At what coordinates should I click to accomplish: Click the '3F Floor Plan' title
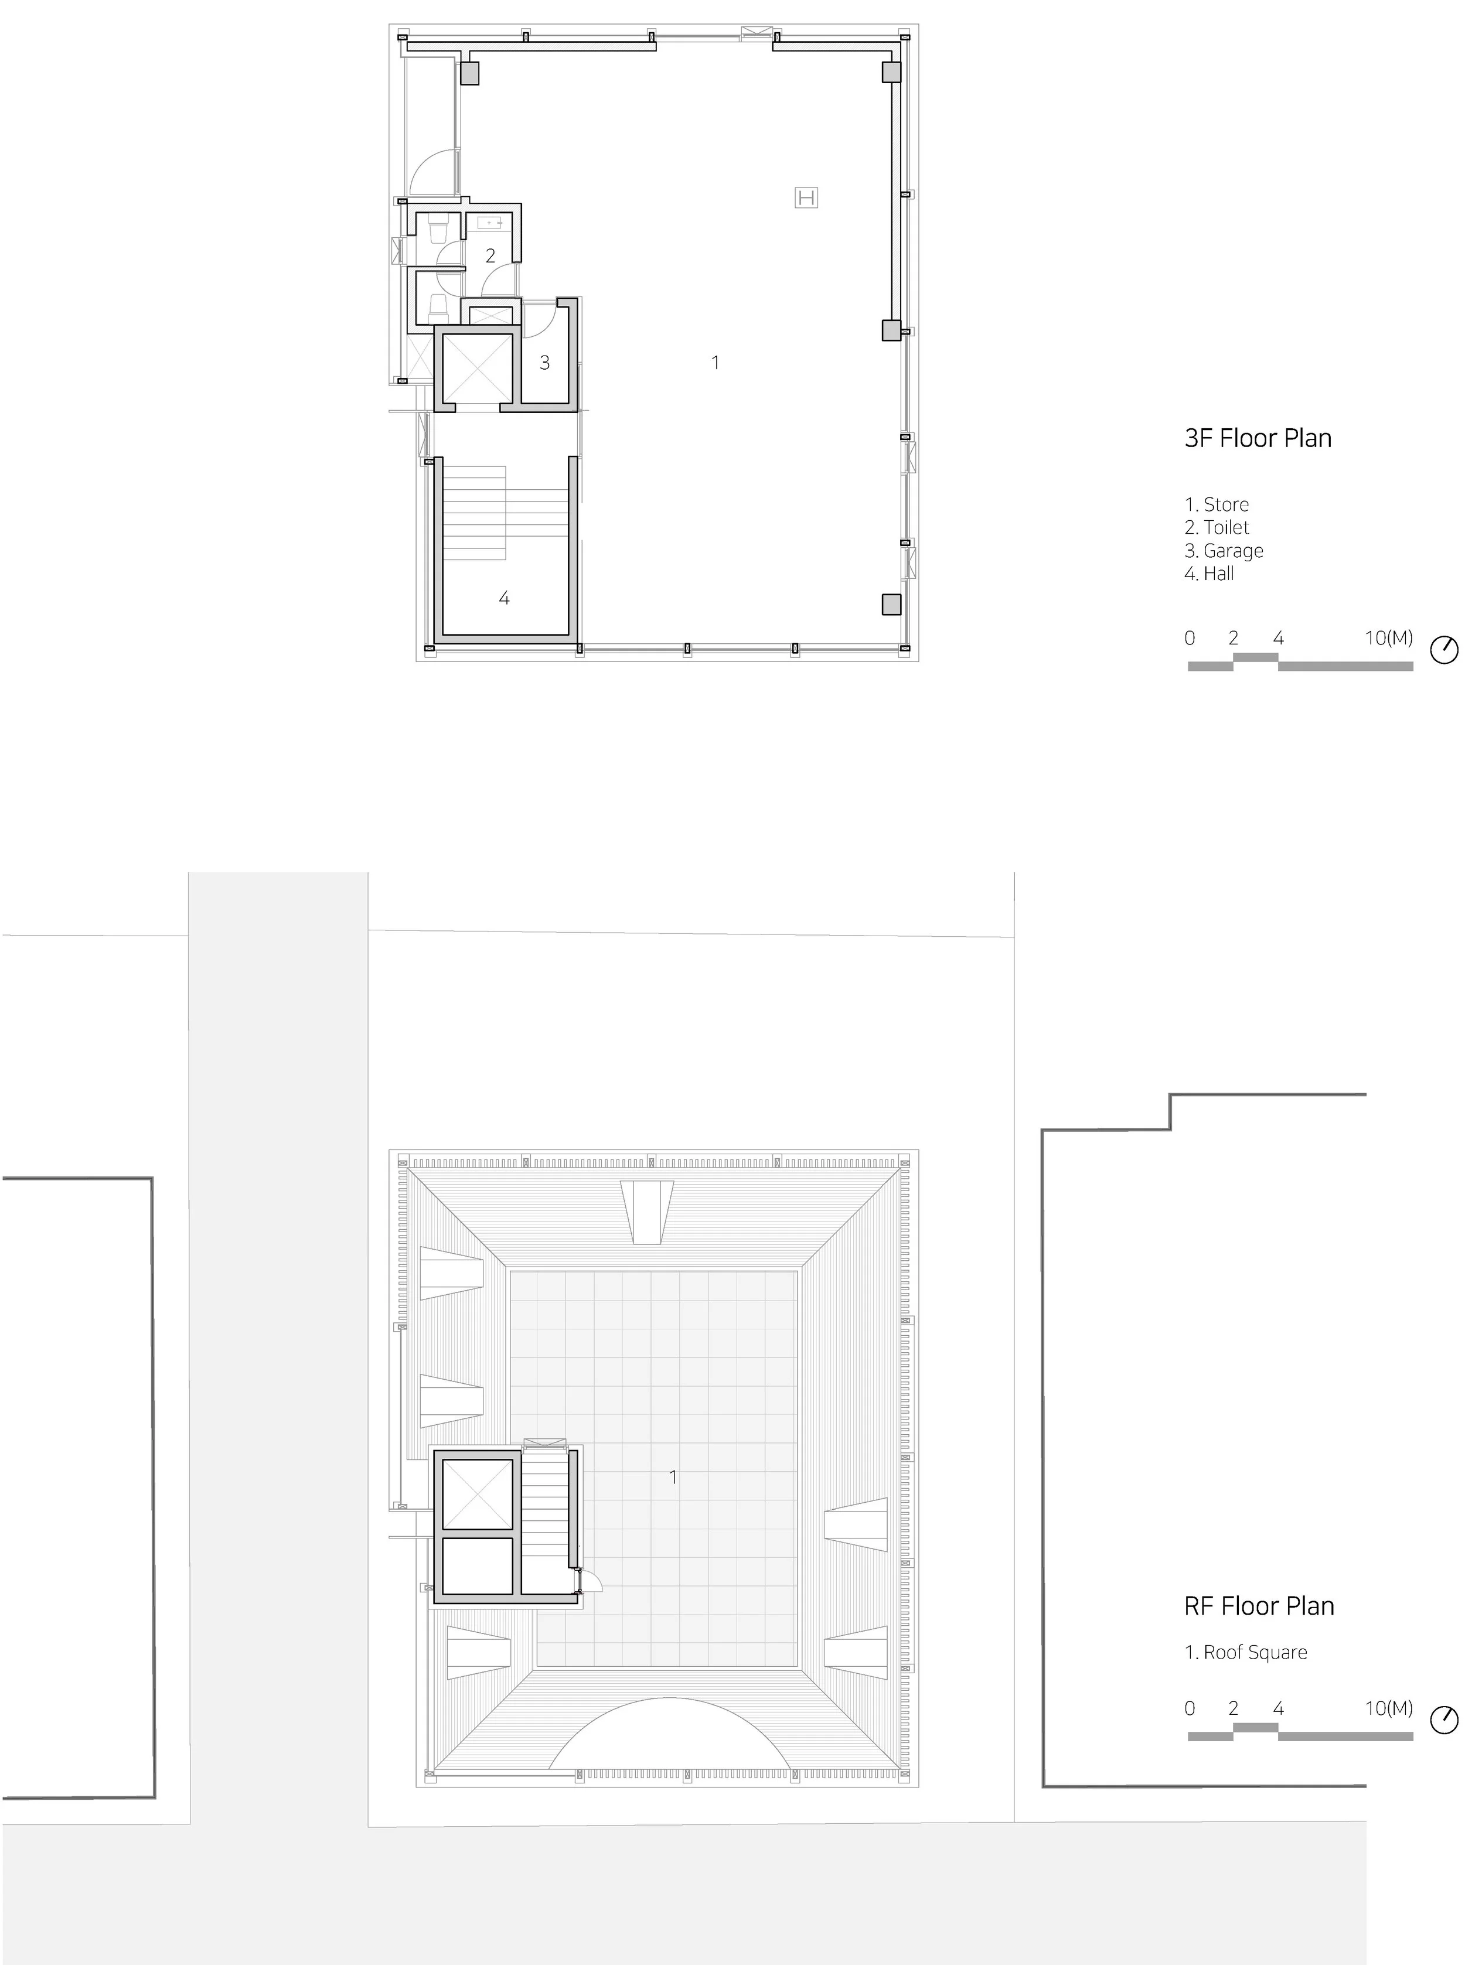click(x=1258, y=438)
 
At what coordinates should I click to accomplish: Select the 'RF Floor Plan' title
click(x=1259, y=1606)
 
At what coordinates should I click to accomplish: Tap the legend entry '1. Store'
click(x=1217, y=504)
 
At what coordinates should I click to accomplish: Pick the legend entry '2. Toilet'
click(x=1217, y=528)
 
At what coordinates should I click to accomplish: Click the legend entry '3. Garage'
click(x=1224, y=551)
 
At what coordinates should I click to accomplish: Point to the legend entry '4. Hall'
click(x=1209, y=574)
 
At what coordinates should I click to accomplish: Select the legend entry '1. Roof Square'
click(x=1246, y=1652)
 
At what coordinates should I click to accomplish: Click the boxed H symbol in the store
click(x=806, y=198)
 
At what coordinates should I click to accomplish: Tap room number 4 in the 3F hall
click(x=504, y=599)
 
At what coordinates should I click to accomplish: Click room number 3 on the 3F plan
click(x=544, y=363)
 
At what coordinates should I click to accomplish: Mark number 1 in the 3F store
click(x=715, y=363)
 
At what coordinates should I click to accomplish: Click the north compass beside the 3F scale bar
click(x=1444, y=650)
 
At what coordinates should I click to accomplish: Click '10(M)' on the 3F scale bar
click(x=1389, y=637)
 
